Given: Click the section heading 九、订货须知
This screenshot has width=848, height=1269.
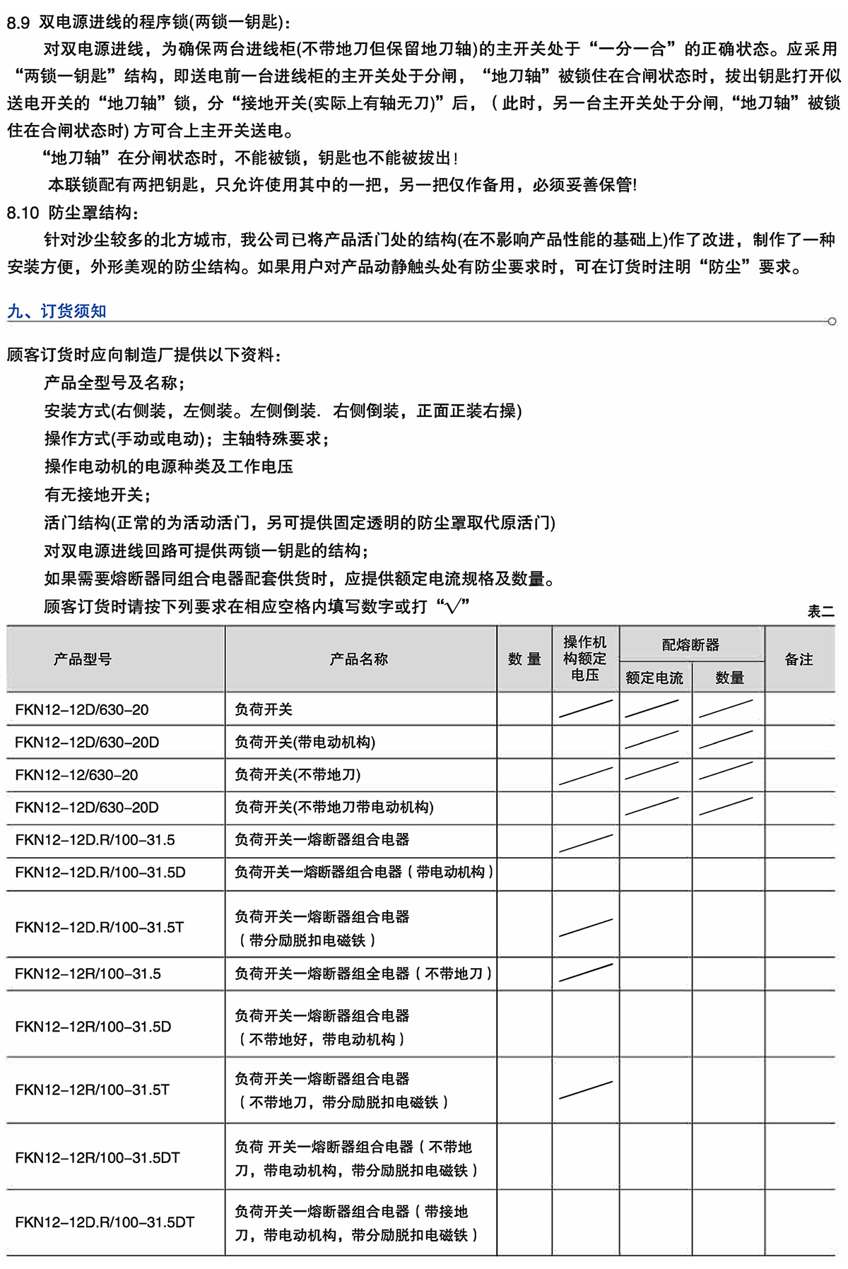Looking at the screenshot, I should click(x=57, y=311).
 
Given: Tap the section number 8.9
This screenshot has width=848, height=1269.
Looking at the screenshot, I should click(x=18, y=23).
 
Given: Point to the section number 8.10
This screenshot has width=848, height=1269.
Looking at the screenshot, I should click(x=23, y=213).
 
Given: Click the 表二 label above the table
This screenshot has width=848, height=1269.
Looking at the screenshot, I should click(x=820, y=611).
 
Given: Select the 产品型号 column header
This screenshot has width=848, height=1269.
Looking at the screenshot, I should click(x=82, y=659).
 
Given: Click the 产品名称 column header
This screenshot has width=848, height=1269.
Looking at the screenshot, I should click(x=359, y=659).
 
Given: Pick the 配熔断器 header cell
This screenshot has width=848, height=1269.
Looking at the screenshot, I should click(x=690, y=644).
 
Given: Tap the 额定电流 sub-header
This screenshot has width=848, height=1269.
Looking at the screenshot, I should click(x=654, y=678).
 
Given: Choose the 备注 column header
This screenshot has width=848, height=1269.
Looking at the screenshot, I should click(x=799, y=659).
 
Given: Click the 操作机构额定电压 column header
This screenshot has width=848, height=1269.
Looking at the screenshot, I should click(x=584, y=659).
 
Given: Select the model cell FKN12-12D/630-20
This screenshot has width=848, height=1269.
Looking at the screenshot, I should click(x=82, y=709).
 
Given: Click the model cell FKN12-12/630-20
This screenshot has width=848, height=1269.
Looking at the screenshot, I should click(x=76, y=775).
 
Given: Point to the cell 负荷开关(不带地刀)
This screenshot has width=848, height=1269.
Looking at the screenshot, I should click(x=298, y=775).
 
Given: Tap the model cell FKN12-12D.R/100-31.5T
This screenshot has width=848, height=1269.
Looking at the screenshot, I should click(x=100, y=927).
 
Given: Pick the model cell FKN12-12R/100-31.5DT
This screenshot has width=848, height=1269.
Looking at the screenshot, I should click(x=98, y=1157).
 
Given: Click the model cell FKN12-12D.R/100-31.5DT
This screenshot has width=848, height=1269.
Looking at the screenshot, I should click(x=105, y=1222).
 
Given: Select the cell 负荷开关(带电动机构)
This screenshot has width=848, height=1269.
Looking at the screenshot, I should click(x=305, y=743).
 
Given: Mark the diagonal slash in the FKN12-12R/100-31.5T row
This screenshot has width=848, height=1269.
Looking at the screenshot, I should click(x=585, y=1090).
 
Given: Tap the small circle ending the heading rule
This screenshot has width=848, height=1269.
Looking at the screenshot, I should click(x=832, y=321).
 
